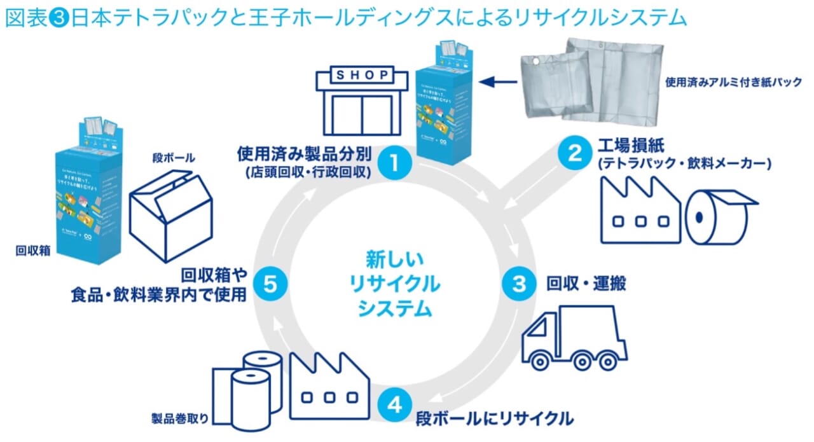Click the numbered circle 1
(x=394, y=163)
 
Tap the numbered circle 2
(x=574, y=153)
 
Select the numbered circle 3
(x=520, y=284)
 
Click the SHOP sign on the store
(x=362, y=76)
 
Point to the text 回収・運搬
(x=586, y=284)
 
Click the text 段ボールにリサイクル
(x=495, y=418)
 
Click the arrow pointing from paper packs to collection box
(x=496, y=81)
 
